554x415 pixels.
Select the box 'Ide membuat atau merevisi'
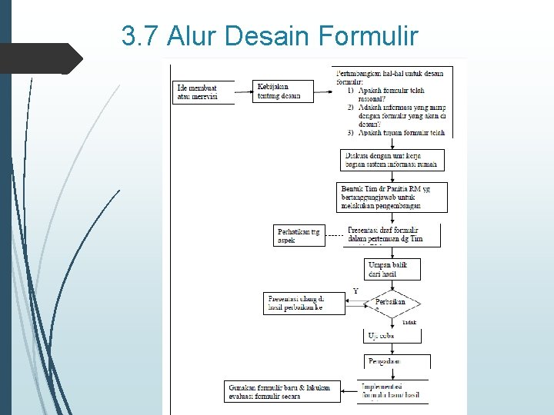[x=203, y=91]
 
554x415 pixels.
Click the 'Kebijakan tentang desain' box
[x=283, y=91]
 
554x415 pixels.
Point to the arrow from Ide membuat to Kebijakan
[x=244, y=91]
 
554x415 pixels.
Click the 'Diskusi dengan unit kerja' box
[x=392, y=159]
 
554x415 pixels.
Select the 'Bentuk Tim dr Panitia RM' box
[x=392, y=197]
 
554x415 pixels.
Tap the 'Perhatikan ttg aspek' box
[x=299, y=235]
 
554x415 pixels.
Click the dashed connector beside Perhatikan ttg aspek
[x=334, y=235]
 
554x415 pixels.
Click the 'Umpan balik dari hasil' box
[x=392, y=268]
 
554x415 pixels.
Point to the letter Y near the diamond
[x=355, y=291]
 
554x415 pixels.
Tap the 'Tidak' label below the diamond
[x=409, y=323]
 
